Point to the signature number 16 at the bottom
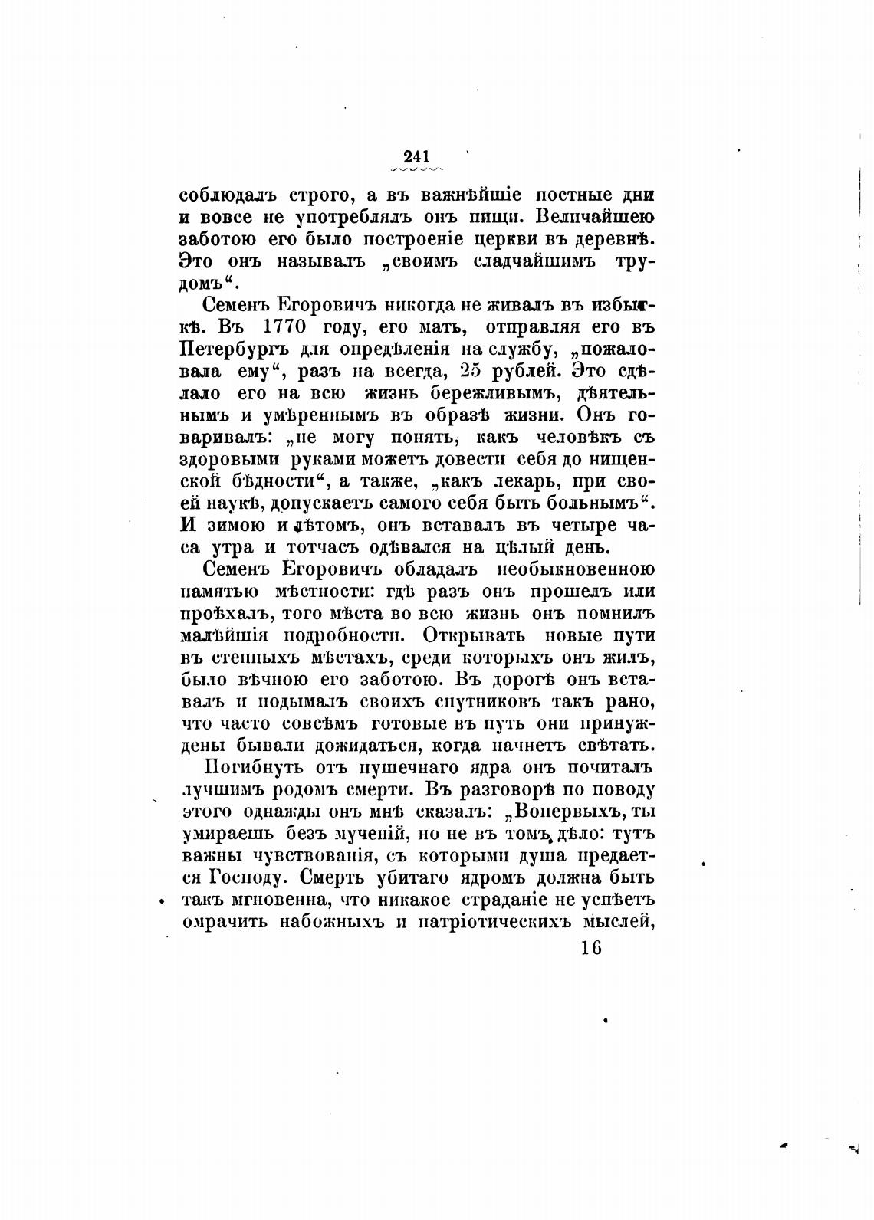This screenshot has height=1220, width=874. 591,947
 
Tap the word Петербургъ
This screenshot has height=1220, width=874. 227,350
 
